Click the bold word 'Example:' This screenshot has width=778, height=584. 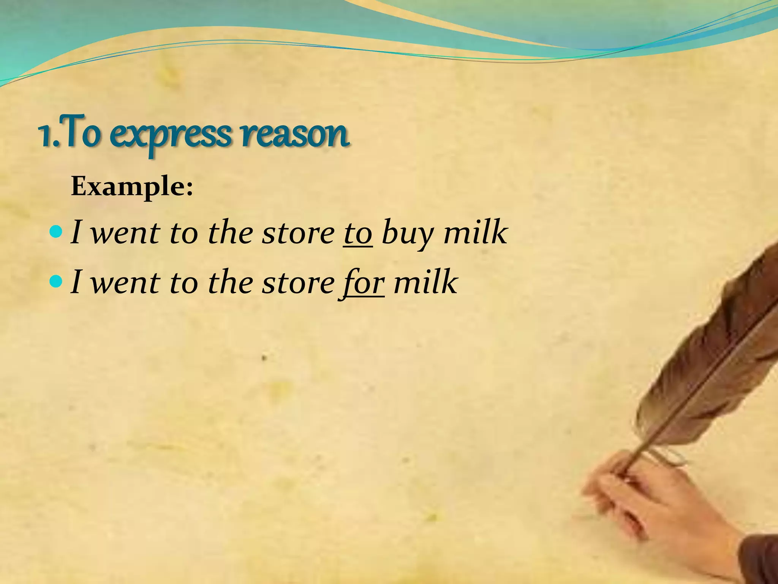132,187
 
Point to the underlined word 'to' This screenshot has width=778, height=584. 358,233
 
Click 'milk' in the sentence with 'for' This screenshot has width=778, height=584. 425,282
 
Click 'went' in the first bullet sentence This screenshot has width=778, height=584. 125,233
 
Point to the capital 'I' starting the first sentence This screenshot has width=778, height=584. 76,232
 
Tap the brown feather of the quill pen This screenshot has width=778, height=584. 714,342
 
